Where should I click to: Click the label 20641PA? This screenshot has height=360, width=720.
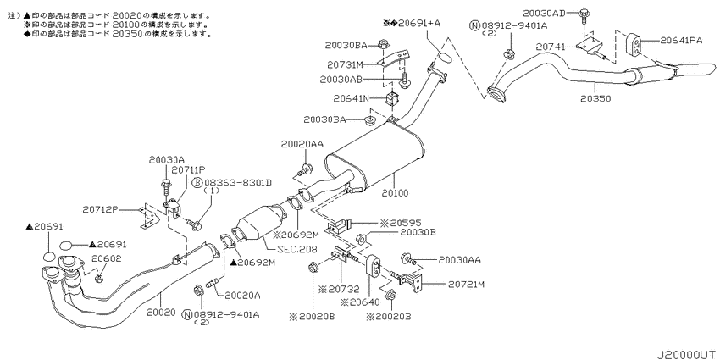[683, 40]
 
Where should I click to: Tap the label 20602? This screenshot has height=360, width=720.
[107, 258]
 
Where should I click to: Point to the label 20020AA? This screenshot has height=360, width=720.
[302, 145]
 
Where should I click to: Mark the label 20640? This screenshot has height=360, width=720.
[361, 302]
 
